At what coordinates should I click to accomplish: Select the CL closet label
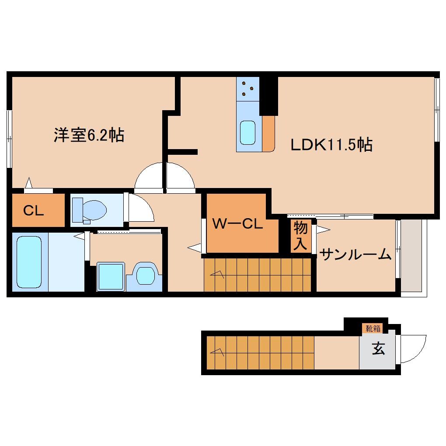[x=34, y=211]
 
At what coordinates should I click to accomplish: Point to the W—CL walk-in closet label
[x=237, y=224]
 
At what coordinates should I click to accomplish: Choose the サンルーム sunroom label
[x=355, y=254]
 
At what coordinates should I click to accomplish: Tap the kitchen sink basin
[x=248, y=132]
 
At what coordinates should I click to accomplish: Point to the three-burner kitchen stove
[x=248, y=89]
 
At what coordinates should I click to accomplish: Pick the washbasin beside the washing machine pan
[x=145, y=275]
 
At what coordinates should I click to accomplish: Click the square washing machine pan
[x=111, y=276]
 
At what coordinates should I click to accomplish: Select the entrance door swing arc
[x=414, y=349]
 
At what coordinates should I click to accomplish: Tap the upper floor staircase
[x=258, y=275]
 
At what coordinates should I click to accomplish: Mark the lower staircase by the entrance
[x=260, y=352]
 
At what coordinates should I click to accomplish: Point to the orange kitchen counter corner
[x=268, y=134]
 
